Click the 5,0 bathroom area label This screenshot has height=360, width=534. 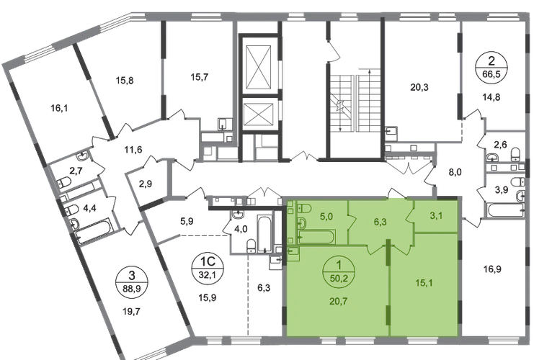pyautogui.click(x=327, y=214)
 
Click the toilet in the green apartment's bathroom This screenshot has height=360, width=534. pyautogui.click(x=301, y=210)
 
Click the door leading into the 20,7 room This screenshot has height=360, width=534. pyautogui.click(x=374, y=250)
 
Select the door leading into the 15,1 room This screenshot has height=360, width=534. pyautogui.click(x=396, y=250)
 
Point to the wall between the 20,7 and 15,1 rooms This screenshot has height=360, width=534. pyautogui.click(x=390, y=295)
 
